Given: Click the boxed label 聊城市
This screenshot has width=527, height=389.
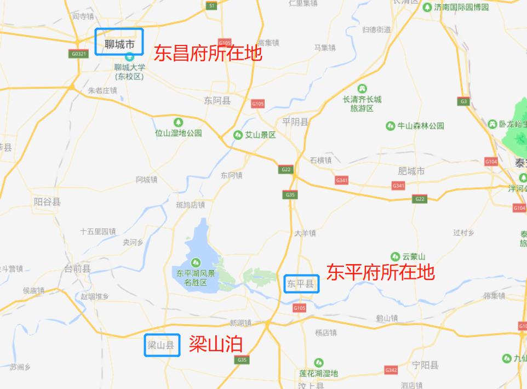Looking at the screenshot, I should point(119,42).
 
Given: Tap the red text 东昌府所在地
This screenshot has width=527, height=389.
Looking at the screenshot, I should point(208,53).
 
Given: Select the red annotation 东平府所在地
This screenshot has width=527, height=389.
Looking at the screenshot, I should point(380,272).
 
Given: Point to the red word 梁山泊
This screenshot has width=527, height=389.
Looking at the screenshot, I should point(215,344).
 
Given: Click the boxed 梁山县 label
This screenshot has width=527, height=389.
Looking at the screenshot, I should point(162,345).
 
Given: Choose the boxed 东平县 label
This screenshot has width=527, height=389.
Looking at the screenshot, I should point(301,284).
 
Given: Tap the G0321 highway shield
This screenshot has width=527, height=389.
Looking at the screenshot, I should point(79,54).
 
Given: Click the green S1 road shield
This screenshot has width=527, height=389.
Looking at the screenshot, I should point(212,5).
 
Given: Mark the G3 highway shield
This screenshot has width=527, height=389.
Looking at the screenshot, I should point(463,101).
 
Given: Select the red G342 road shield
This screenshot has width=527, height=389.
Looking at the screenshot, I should point(391,370).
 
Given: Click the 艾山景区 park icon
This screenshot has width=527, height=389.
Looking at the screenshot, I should point(238,135).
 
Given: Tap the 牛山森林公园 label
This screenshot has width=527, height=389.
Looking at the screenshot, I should point(420,126).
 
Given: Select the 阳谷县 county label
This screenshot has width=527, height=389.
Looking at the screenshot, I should point(47,202).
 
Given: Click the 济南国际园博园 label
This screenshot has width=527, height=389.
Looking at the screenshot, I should point(461,7).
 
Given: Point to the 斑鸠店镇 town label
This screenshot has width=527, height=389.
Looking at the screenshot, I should point(190,205).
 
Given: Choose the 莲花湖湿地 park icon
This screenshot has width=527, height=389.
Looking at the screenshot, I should point(318,363).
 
